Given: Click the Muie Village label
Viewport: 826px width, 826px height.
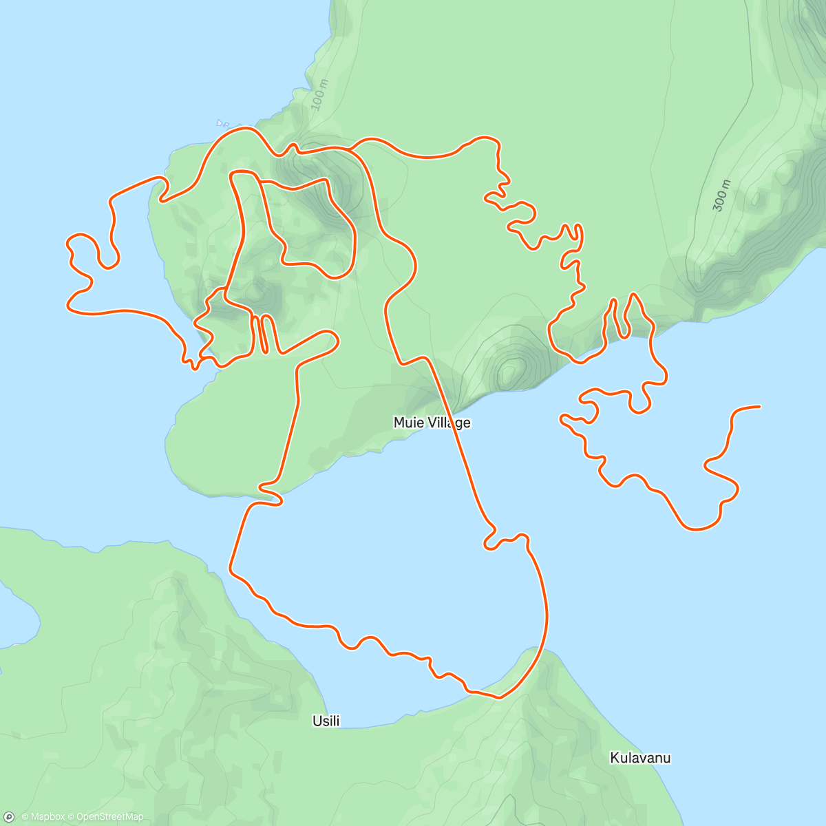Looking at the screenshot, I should pyautogui.click(x=432, y=423).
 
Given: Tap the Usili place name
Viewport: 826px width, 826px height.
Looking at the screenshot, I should pyautogui.click(x=326, y=721).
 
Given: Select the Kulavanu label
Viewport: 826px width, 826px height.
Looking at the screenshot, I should pyautogui.click(x=640, y=758).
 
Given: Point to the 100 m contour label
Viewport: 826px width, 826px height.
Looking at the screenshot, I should pyautogui.click(x=320, y=95).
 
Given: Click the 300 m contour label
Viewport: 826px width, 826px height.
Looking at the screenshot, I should pyautogui.click(x=721, y=195).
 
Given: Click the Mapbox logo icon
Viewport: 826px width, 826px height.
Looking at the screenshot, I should pyautogui.click(x=10, y=817).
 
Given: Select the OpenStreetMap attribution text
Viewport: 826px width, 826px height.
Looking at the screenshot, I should pyautogui.click(x=109, y=817).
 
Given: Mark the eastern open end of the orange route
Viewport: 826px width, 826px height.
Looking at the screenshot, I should pyautogui.click(x=759, y=407).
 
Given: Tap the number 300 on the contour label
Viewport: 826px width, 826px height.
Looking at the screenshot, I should pyautogui.click(x=719, y=200).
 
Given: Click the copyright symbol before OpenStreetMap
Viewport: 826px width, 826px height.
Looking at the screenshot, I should pyautogui.click(x=71, y=817).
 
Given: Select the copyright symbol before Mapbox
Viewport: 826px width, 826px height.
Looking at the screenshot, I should pyautogui.click(x=25, y=817).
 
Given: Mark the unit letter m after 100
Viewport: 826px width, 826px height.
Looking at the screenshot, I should pyautogui.click(x=324, y=85).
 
